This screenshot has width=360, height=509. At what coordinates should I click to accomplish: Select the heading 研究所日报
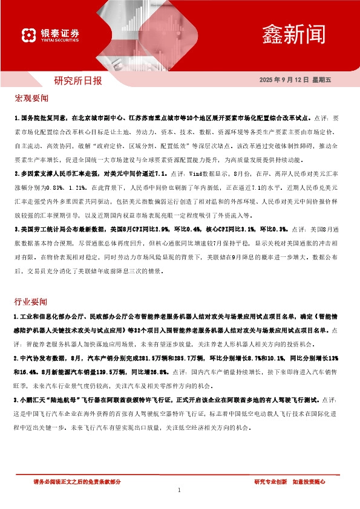78,80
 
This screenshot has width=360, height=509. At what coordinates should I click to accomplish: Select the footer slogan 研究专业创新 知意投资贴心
289,482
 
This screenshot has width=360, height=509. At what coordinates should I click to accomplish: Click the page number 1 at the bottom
180,490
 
